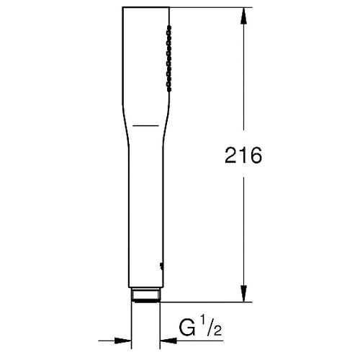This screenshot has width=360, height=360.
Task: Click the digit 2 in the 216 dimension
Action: (231, 156)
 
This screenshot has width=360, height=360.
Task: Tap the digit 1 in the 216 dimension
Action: (243, 156)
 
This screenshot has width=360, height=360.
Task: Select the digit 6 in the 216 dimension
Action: (256, 156)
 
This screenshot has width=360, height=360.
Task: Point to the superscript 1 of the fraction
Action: (204, 320)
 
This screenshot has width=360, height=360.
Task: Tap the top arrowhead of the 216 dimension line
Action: (243, 16)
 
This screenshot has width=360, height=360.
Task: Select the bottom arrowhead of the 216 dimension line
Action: (243, 294)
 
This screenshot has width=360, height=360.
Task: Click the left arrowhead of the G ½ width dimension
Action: (123, 341)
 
